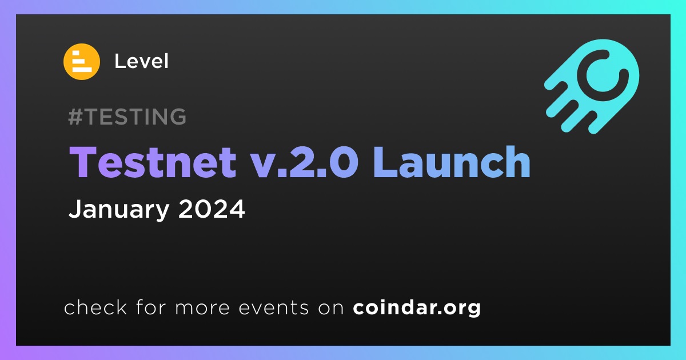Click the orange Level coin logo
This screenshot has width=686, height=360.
pyautogui.click(x=82, y=62)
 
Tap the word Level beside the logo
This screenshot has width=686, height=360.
pyautogui.click(x=141, y=61)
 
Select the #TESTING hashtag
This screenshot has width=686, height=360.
pyautogui.click(x=127, y=117)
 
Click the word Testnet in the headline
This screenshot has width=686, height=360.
pyautogui.click(x=153, y=162)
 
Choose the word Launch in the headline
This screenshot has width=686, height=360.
pyautogui.click(x=452, y=161)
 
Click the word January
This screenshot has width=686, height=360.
pyautogui.click(x=119, y=209)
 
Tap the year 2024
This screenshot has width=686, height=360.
pyautogui.click(x=212, y=209)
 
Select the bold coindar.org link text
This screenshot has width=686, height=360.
pyautogui.click(x=417, y=307)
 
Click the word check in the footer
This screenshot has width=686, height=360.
pyautogui.click(x=95, y=307)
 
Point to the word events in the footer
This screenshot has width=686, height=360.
pyautogui.click(x=273, y=307)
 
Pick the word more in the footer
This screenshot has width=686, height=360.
pyautogui.click(x=202, y=308)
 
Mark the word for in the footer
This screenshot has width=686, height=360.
pyautogui.click(x=151, y=307)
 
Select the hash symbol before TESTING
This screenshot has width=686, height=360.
pyautogui.click(x=75, y=117)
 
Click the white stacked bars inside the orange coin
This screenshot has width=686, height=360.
pyautogui.click(x=82, y=62)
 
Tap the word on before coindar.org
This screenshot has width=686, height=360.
pyautogui.click(x=331, y=308)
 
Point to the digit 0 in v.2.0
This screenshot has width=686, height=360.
pyautogui.click(x=344, y=162)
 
